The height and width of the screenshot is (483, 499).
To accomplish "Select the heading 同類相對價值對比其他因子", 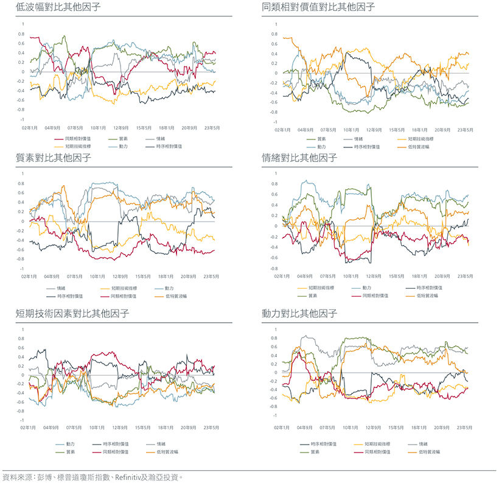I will pos(318,7).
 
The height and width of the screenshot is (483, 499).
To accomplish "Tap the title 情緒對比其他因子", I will pos(299,158).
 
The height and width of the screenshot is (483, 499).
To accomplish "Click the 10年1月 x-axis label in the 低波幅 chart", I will pos(98,129).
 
